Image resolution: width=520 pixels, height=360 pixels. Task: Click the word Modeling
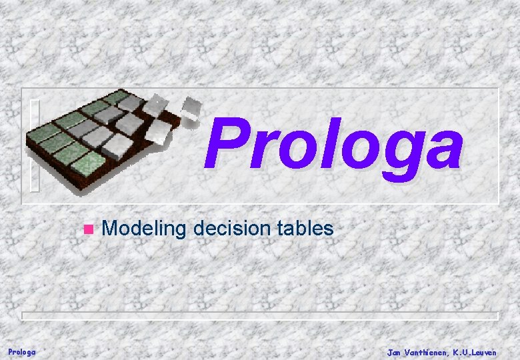[144, 229]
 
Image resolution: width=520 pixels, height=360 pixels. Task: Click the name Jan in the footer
[395, 351]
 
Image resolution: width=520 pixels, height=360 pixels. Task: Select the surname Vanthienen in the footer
[428, 351]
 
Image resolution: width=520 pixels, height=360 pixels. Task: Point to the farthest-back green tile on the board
[116, 97]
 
